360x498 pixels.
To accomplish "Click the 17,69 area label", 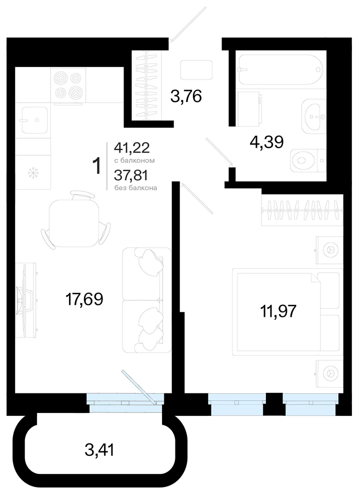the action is [84, 299].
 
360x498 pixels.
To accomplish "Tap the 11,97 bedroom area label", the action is [278, 311].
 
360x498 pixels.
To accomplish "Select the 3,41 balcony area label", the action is [99, 450].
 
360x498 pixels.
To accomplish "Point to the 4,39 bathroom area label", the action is [266, 142].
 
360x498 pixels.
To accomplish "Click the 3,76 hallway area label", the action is [186, 96].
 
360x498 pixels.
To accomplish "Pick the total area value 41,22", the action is [131, 148].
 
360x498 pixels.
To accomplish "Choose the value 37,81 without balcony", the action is [131, 175].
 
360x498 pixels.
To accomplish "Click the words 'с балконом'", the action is [134, 161].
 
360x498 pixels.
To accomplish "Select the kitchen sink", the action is [34, 120].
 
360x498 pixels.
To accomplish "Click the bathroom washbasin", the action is [314, 117].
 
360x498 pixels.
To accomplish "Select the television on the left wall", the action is [26, 300].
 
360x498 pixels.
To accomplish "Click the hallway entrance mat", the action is [196, 70].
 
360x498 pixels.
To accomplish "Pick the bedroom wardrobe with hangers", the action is [302, 210].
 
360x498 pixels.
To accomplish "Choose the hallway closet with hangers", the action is [146, 86].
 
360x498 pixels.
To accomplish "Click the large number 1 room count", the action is [96, 166].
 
